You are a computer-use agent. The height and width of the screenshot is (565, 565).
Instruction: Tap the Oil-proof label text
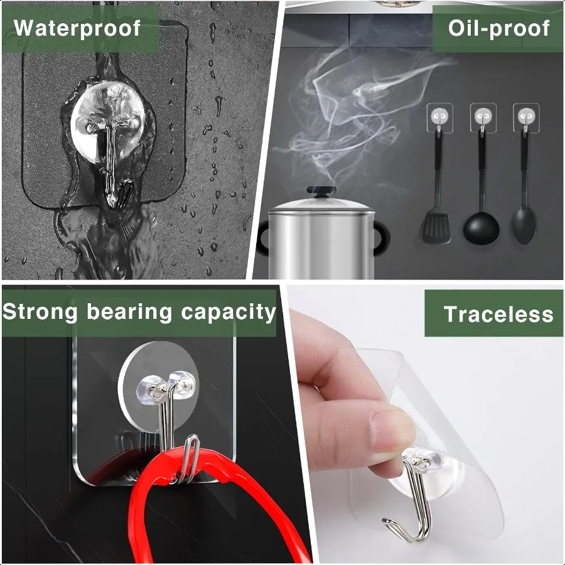[498, 28]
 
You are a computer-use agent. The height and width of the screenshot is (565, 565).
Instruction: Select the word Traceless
[498, 314]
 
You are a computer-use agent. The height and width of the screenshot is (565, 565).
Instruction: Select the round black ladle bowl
[482, 230]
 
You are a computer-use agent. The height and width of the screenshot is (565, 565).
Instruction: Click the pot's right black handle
[381, 238]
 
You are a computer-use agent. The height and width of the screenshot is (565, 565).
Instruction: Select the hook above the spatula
[438, 119]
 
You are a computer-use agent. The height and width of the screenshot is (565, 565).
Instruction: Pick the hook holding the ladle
[482, 119]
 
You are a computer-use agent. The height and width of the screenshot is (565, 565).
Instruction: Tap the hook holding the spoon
[524, 119]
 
